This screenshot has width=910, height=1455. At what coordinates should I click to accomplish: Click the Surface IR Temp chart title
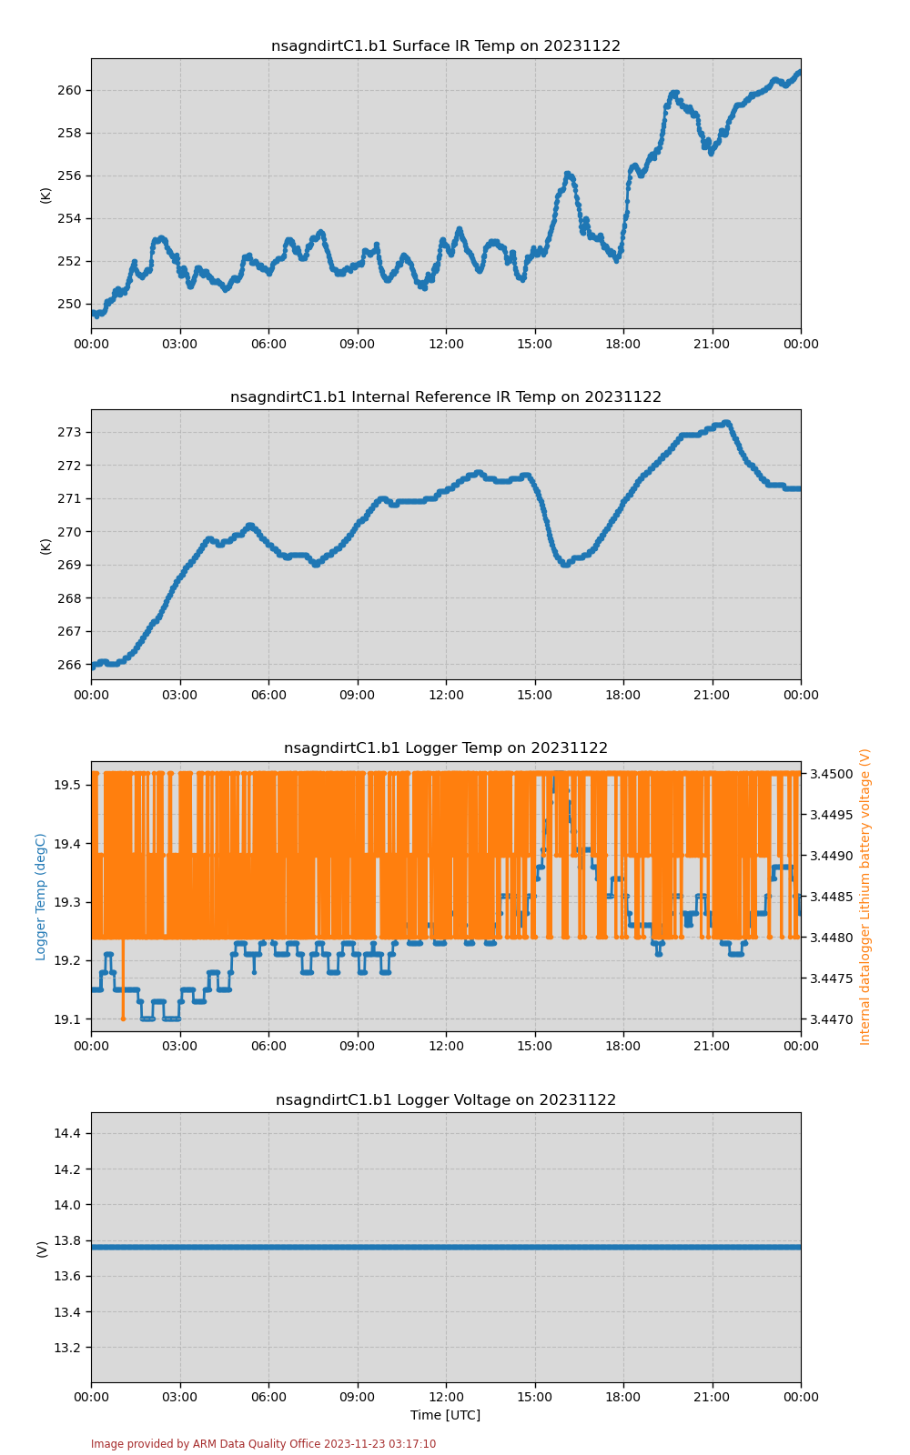pyautogui.click(x=446, y=46)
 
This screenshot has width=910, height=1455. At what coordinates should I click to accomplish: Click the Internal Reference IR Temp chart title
pyautogui.click(x=446, y=397)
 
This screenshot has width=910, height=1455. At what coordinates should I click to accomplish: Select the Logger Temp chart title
pyautogui.click(x=446, y=748)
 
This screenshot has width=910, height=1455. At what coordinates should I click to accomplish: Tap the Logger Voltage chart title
pyautogui.click(x=446, y=1100)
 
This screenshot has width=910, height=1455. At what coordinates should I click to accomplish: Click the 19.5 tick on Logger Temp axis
pyautogui.click(x=68, y=785)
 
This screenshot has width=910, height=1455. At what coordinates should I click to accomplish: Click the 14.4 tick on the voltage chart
pyautogui.click(x=68, y=1133)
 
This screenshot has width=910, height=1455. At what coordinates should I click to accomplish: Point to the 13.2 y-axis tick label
pyautogui.click(x=68, y=1348)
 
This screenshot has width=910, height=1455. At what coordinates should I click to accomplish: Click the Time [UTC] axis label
pyautogui.click(x=446, y=1416)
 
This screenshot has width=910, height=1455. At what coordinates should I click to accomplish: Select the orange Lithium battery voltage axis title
pyautogui.click(x=865, y=897)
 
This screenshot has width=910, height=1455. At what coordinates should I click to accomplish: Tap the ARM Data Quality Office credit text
pyautogui.click(x=263, y=1444)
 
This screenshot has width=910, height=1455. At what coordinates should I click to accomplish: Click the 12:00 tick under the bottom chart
pyautogui.click(x=446, y=1397)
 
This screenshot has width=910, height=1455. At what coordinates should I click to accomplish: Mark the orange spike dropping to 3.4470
pyautogui.click(x=123, y=1017)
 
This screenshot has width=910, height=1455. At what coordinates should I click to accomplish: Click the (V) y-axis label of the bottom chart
pyautogui.click(x=42, y=1249)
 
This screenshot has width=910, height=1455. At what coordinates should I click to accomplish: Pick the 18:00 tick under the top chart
pyautogui.click(x=623, y=344)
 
